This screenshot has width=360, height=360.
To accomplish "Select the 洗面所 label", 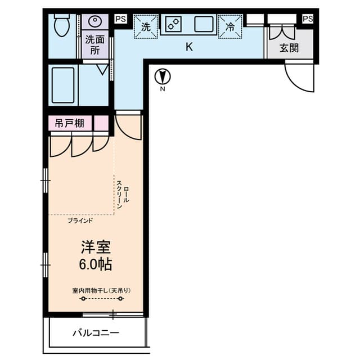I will pos(94,45).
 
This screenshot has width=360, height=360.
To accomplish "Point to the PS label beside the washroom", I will pos(120,19).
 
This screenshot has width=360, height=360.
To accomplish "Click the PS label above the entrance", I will pos(307,19).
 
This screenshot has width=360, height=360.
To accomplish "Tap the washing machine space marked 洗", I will pos(145,26).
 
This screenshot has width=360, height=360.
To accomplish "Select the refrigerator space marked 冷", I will pos(231,26).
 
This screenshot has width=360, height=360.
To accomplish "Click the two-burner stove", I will pos(173,24).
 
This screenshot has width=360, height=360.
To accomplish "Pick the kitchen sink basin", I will pos(204,24).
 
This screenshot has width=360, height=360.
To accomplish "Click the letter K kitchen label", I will pos(189,47).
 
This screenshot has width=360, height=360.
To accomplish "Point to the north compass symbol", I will pos(162,76).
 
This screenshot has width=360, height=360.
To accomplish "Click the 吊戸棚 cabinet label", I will pos(70,123).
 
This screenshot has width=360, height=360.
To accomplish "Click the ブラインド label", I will pos(80,220).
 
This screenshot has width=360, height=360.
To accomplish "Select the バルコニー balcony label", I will pos(95,334).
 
